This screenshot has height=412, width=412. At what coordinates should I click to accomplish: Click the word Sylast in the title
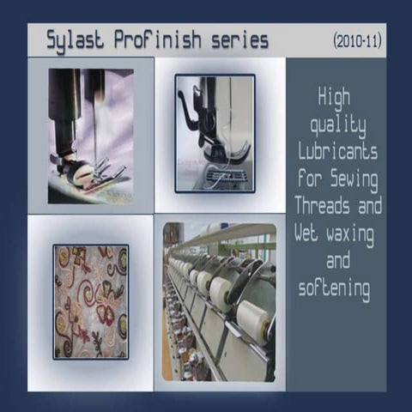coord(76,40)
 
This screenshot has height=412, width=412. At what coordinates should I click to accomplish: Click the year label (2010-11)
coord(356,40)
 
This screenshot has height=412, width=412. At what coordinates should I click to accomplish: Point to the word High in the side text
coord(335,97)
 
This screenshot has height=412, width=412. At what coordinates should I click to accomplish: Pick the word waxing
coord(354,233)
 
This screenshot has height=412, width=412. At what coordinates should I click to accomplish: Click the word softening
coord(336,288)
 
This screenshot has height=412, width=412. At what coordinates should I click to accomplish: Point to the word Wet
coord(307,233)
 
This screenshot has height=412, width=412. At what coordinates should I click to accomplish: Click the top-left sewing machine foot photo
coord(90,136)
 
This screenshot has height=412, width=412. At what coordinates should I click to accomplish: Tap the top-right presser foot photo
coord(215,133)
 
